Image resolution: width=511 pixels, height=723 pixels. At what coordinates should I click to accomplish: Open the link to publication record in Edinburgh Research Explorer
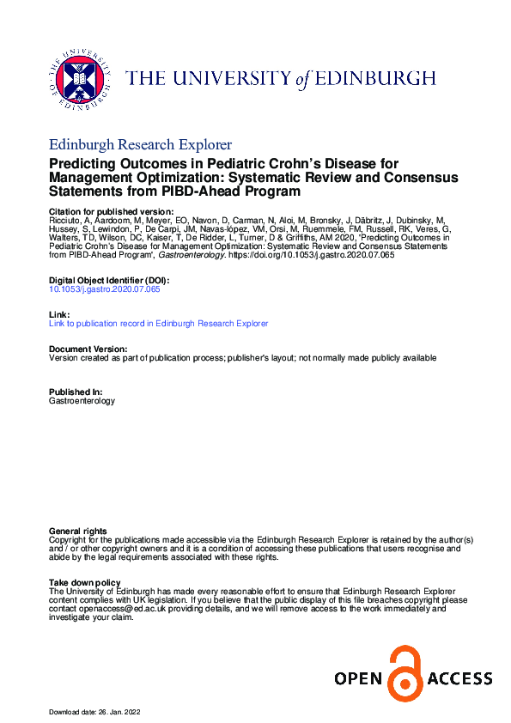click(159, 324)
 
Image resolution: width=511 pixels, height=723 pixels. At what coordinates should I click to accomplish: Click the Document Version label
click(88, 349)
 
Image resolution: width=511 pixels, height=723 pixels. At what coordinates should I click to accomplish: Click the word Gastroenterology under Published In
click(82, 401)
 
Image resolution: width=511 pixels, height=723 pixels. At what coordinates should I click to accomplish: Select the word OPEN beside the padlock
click(358, 679)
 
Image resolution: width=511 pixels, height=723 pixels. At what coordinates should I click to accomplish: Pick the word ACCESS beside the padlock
click(461, 679)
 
